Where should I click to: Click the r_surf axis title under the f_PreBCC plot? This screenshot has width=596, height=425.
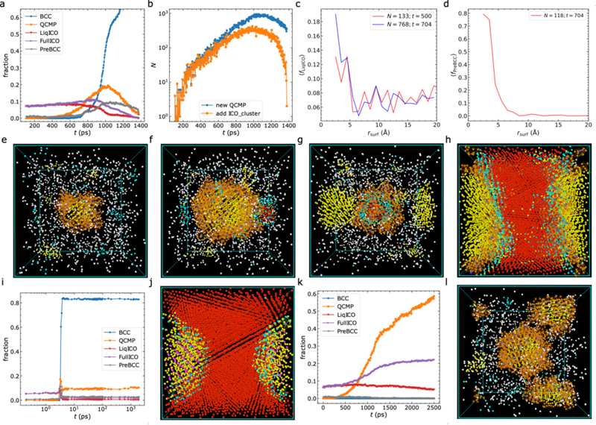(524, 136)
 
